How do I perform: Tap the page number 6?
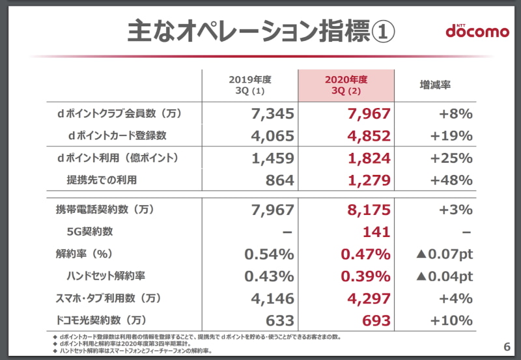(x=507, y=346)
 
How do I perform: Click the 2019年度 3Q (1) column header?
(x=249, y=85)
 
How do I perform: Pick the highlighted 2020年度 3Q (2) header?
(x=346, y=85)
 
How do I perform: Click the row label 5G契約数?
(x=93, y=231)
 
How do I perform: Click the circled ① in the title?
(x=383, y=31)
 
